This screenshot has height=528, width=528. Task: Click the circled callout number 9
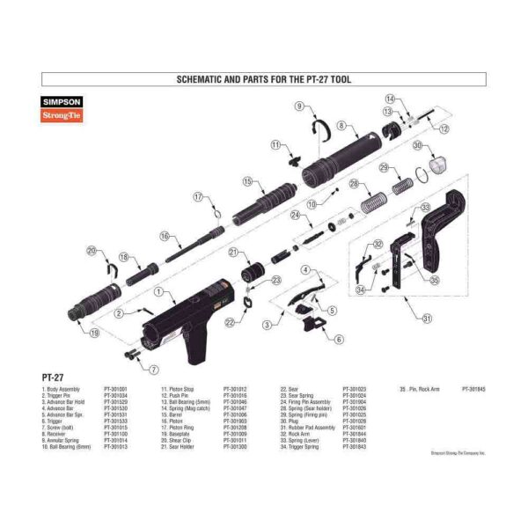pos(299,106)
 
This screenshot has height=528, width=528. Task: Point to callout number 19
pos(95,333)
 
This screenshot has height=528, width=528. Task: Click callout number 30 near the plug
pos(418,146)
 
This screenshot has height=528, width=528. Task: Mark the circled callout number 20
pos(92,252)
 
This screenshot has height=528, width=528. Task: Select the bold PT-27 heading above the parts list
pos(55,377)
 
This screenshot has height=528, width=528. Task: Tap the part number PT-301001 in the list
pos(115,388)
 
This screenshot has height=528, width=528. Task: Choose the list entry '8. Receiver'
pos(55,433)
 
